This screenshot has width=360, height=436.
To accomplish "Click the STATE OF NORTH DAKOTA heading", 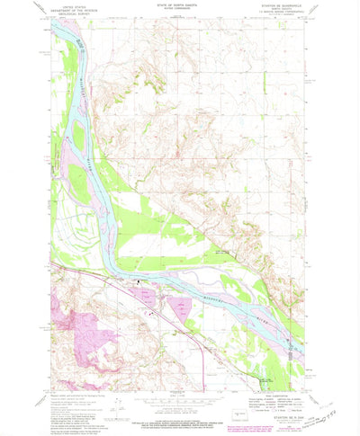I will coord(180,8).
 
